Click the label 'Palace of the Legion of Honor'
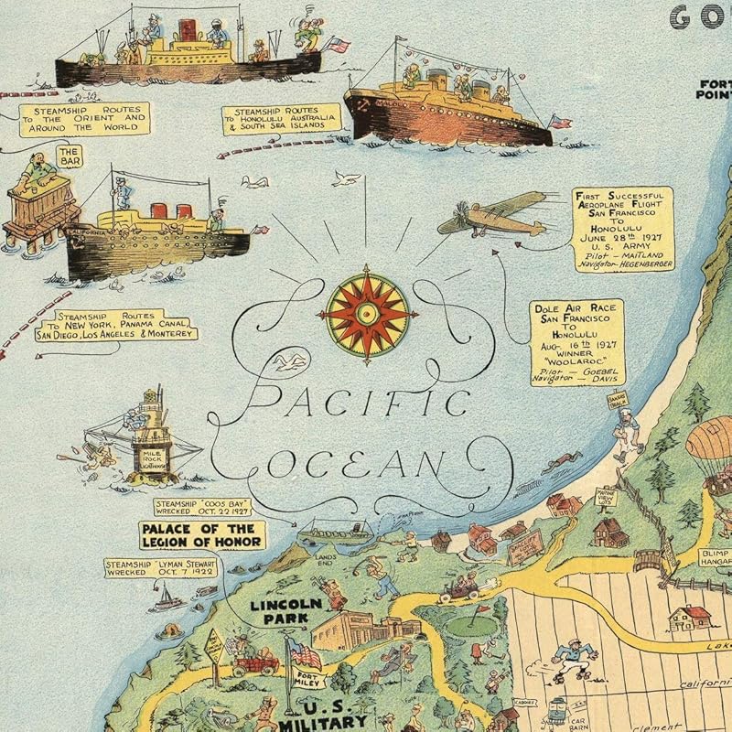pyautogui.click(x=202, y=534)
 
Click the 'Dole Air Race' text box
pyautogui.click(x=577, y=341)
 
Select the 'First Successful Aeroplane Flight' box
pyautogui.click(x=623, y=228)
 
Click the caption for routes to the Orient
pyautogui.click(x=83, y=119)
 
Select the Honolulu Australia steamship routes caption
pyautogui.click(x=281, y=119)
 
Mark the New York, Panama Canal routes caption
pyautogui.click(x=115, y=325)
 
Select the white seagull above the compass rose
pyautogui.click(x=346, y=178)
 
